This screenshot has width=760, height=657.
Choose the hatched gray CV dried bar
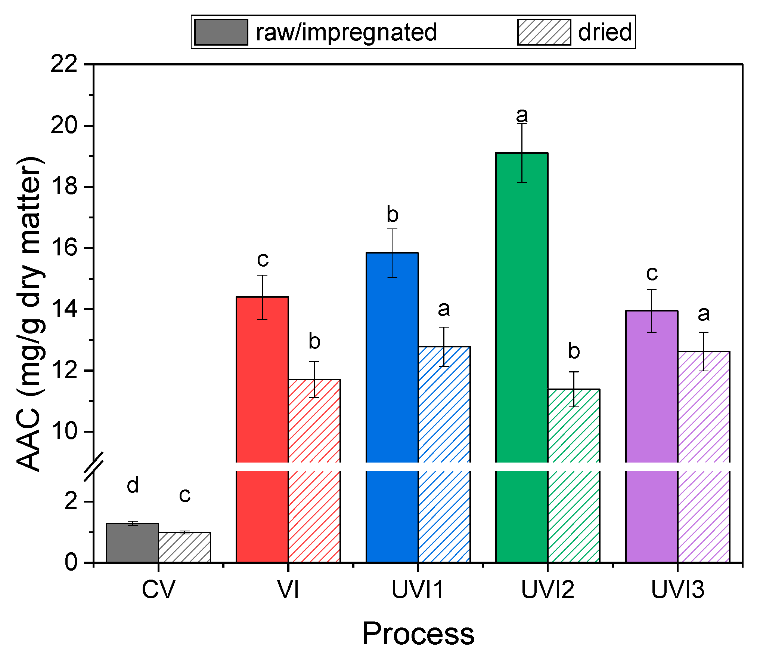(184, 547)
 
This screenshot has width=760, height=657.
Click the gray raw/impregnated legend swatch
(221, 32)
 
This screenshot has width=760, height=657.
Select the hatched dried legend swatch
(544, 32)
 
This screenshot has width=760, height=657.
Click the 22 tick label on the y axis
(64, 64)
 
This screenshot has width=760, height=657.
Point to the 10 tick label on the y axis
(64, 432)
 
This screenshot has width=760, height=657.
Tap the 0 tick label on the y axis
(71, 562)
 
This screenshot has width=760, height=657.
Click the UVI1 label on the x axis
(418, 590)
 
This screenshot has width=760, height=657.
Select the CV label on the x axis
(158, 590)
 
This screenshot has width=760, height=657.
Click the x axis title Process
(418, 634)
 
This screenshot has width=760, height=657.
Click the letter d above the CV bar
(133, 485)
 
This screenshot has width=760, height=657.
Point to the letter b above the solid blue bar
(392, 214)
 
